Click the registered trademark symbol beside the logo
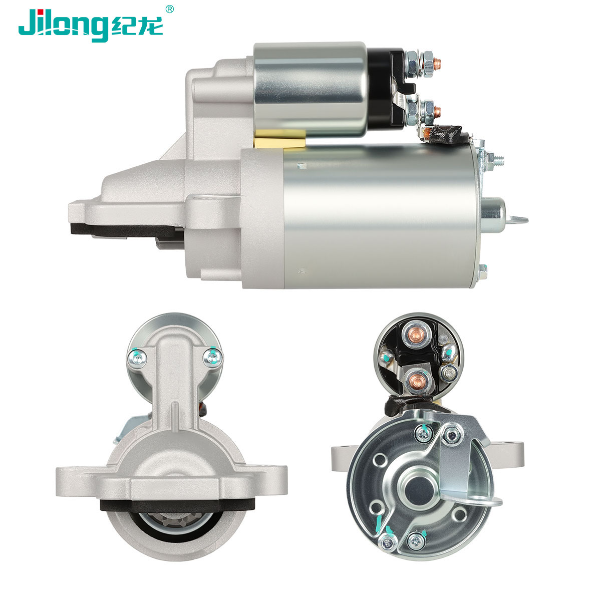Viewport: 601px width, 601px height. point(169,10)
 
